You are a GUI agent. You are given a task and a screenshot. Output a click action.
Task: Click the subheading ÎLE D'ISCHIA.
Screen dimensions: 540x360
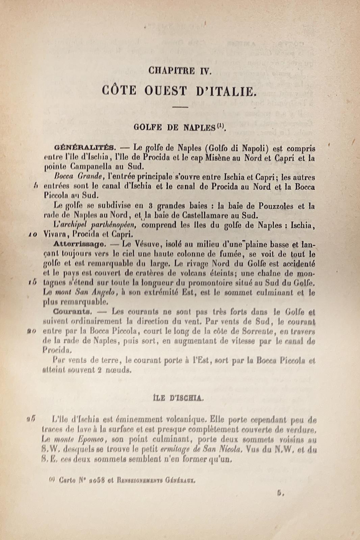click(x=178, y=398)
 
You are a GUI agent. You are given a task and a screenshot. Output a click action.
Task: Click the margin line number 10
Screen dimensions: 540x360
click(x=32, y=235)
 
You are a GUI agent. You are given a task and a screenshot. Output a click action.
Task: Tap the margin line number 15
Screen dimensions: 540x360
click(x=32, y=283)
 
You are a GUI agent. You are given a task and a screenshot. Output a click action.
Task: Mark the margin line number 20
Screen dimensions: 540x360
click(x=32, y=331)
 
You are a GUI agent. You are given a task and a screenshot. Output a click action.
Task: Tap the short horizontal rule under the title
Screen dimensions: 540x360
click(x=180, y=107)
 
